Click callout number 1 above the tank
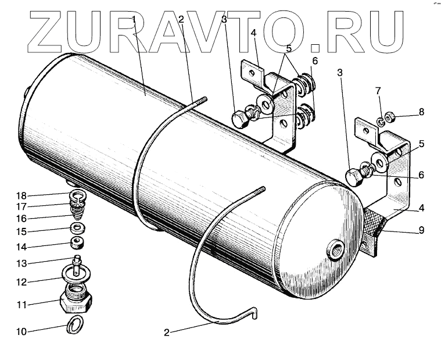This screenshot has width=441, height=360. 134,20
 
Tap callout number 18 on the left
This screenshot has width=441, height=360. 21,195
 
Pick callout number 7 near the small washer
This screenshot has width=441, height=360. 378,91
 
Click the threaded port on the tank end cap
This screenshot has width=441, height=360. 335,251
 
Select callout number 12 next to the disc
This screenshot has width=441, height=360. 21,281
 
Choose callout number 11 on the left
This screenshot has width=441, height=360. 21,304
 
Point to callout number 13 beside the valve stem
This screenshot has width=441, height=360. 21,262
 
